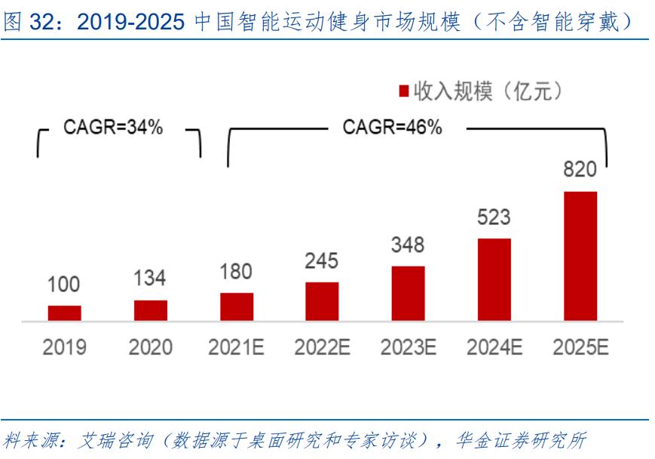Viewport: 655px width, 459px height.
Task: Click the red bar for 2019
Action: click(64, 313)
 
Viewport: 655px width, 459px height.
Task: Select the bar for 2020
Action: click(151, 310)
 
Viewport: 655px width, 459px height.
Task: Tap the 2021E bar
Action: click(237, 307)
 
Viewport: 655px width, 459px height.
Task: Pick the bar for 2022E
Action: click(322, 301)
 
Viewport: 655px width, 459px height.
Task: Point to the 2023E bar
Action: click(408, 293)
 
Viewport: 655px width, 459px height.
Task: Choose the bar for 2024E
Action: click(494, 279)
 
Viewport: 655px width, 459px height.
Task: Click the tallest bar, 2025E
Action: click(580, 256)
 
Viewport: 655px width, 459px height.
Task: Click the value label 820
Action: click(580, 170)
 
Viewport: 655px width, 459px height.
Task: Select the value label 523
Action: click(494, 217)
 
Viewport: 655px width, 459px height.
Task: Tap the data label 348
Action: click(408, 245)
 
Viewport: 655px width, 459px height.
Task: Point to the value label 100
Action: click(64, 285)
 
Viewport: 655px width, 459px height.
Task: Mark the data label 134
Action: click(150, 278)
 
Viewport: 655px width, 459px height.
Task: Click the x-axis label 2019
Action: click(64, 347)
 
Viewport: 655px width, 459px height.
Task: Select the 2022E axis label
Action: click(322, 347)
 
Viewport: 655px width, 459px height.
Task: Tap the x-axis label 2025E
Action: click(580, 347)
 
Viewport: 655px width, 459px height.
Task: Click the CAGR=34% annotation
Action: click(113, 128)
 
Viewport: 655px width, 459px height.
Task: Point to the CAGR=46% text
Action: click(392, 128)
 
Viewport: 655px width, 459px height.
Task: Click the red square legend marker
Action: click(403, 91)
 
